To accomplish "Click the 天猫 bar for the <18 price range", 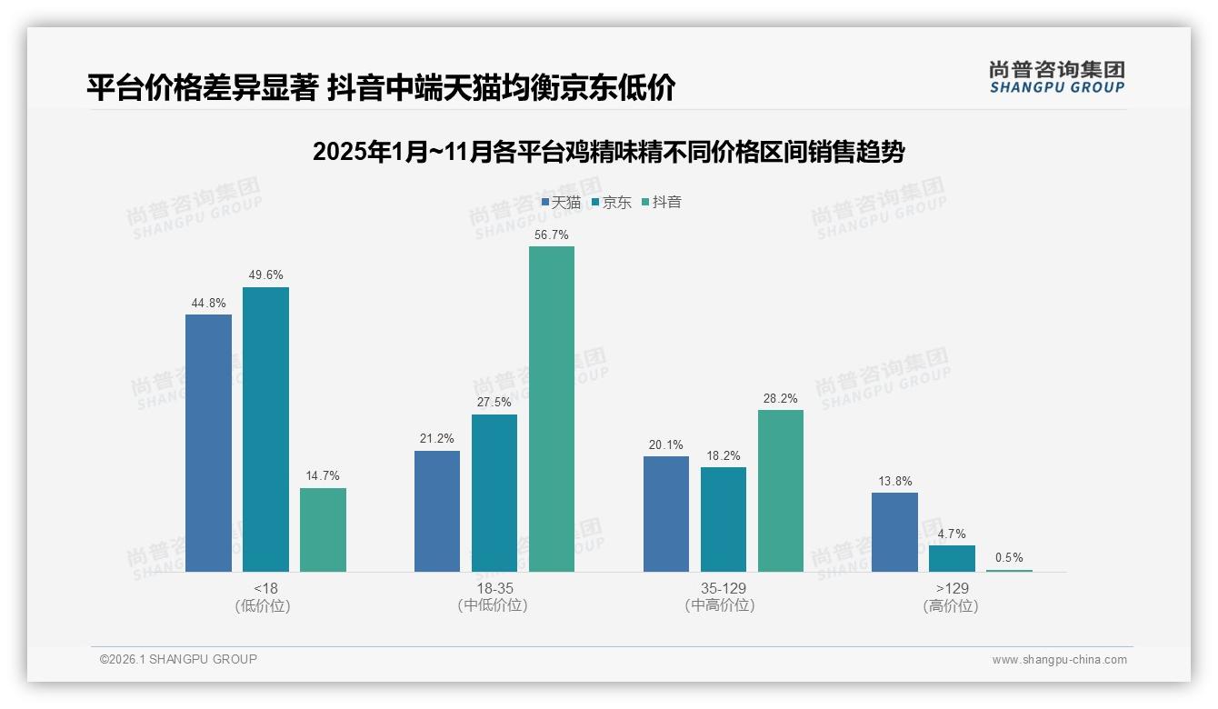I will coord(208,443).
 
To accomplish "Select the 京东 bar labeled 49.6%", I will coord(265,429).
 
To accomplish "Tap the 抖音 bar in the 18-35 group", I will coord(552,409).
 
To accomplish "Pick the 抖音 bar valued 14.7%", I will coord(323,530).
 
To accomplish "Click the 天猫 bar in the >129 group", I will coord(894,532).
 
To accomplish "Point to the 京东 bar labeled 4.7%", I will coord(952,558).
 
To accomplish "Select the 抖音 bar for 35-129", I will coord(781,491).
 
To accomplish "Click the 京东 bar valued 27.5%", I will coord(494,493).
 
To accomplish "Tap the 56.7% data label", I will coord(552,235).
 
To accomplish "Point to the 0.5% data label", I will coord(1009,558).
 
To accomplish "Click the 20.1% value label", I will coord(666,444).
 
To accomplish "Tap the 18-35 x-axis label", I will coord(494,588).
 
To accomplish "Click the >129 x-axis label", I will coord(952,588).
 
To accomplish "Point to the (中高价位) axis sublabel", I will coord(720,605).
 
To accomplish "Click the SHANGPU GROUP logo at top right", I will coord(1056,77).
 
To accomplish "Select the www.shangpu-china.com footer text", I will coord(1059,660).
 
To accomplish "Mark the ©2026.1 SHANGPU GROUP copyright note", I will coord(178,659).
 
